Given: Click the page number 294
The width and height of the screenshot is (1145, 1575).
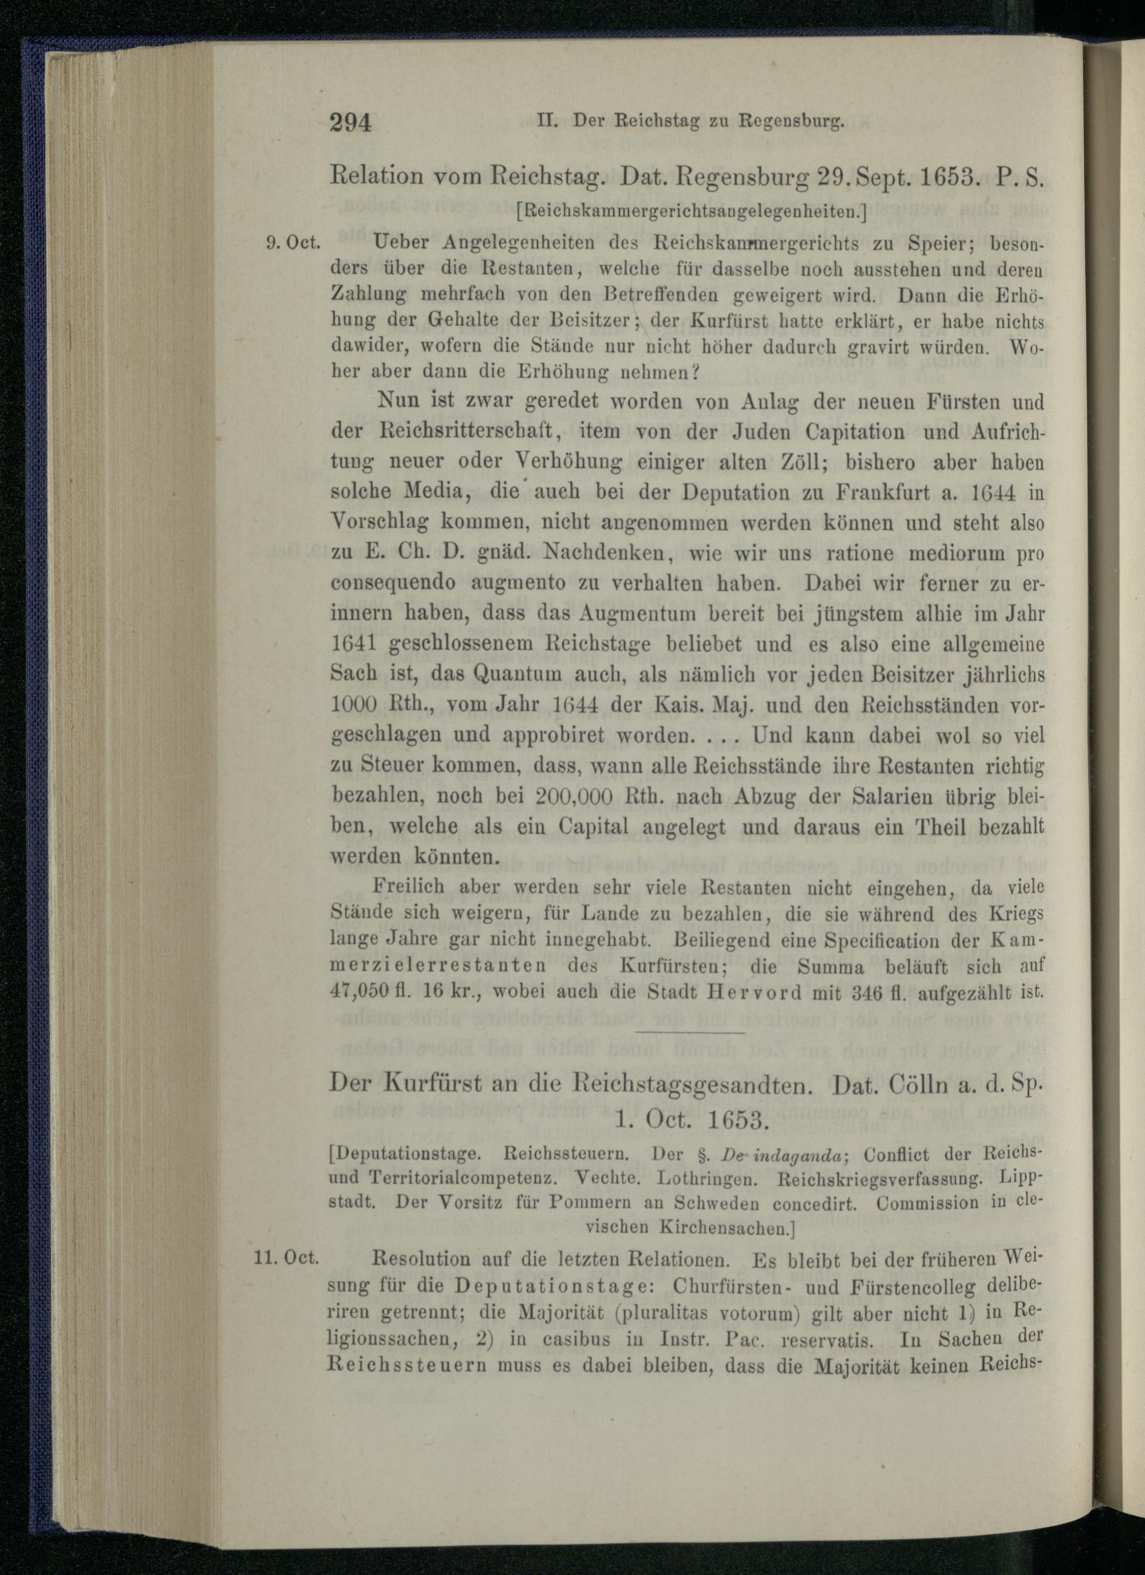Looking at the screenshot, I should click(x=352, y=123).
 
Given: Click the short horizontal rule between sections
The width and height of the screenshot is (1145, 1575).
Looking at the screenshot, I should click(x=690, y=1033).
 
